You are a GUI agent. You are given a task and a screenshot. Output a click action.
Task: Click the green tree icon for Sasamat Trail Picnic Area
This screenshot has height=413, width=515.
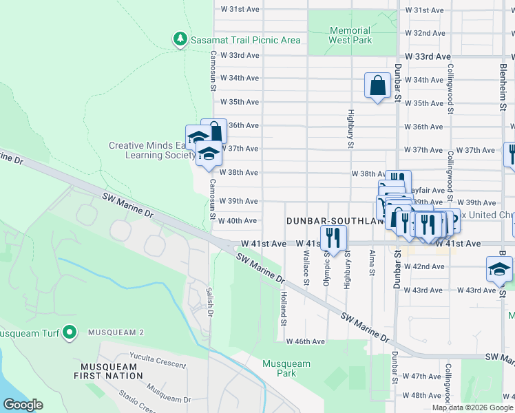click(180, 39)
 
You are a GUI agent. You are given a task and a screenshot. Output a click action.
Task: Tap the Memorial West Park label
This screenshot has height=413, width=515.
click(350, 35)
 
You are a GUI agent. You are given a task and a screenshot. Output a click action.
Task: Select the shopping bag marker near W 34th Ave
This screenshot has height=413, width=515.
click(377, 87)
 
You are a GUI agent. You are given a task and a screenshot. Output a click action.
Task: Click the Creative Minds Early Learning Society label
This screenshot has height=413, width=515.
click(151, 150)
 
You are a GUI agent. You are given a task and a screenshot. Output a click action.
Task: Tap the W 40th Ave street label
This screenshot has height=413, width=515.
click(238, 221)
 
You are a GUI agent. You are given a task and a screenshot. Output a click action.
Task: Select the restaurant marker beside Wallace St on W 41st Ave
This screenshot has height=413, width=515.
click(333, 238)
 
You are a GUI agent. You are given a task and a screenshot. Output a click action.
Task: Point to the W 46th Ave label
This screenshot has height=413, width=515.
click(305, 341)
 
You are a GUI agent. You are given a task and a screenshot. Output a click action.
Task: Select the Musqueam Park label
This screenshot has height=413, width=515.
click(286, 368)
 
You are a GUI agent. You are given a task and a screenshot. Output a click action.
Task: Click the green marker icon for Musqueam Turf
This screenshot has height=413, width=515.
click(69, 333)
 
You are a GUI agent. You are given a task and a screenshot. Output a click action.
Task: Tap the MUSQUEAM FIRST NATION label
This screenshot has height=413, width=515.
click(111, 371)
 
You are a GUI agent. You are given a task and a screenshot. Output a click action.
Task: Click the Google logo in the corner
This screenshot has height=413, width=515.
click(23, 405)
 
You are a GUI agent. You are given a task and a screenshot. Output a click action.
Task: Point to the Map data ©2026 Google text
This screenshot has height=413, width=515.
click(472, 407)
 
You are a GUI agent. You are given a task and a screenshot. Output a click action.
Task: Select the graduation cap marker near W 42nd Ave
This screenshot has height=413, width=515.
click(499, 269)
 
